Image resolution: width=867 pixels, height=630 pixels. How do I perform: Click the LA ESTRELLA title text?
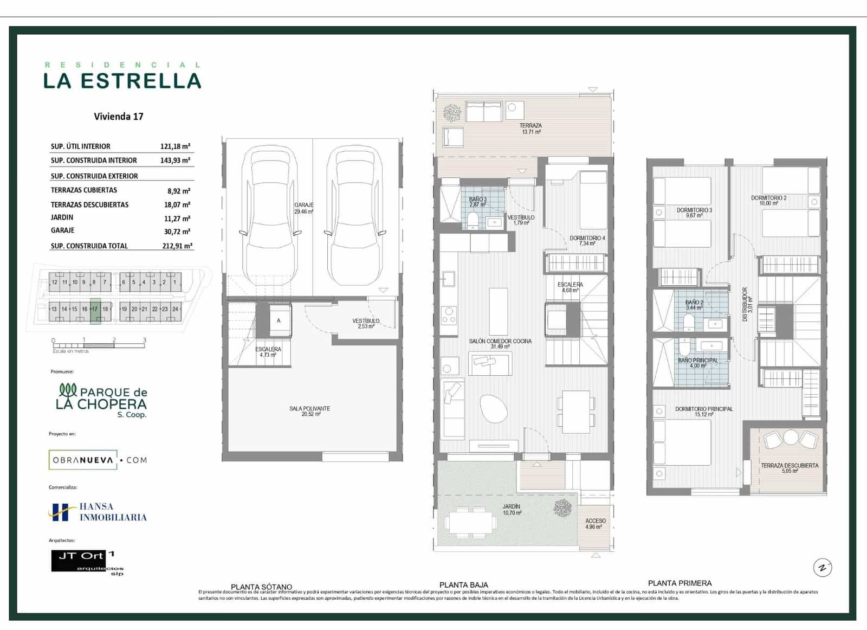click(x=122, y=81)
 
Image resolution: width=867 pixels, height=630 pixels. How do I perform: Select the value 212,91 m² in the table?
click(x=177, y=246)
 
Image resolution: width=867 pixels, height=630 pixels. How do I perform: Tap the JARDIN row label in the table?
click(x=62, y=217)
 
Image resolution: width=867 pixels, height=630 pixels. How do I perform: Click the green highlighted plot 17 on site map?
click(x=95, y=311)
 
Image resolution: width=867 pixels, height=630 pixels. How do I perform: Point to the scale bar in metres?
click(x=99, y=345)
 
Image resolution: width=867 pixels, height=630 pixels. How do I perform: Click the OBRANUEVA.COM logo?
click(x=98, y=460)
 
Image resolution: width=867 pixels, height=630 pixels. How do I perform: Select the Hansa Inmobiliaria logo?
click(x=98, y=512)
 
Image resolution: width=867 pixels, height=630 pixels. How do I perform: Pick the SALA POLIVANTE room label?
click(x=309, y=411)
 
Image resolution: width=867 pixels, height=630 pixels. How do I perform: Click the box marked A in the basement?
click(x=279, y=321)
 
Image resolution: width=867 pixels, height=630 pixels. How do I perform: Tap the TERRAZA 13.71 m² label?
click(x=530, y=128)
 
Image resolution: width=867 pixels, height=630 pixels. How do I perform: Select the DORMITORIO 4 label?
click(x=587, y=240)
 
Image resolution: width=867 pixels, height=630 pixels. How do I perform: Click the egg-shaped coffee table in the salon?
click(x=494, y=408)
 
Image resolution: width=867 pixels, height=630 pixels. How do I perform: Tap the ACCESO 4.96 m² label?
click(x=595, y=523)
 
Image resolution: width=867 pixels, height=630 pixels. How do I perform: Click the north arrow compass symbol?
click(x=823, y=568)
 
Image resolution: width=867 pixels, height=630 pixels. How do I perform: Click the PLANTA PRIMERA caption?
click(x=680, y=583)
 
